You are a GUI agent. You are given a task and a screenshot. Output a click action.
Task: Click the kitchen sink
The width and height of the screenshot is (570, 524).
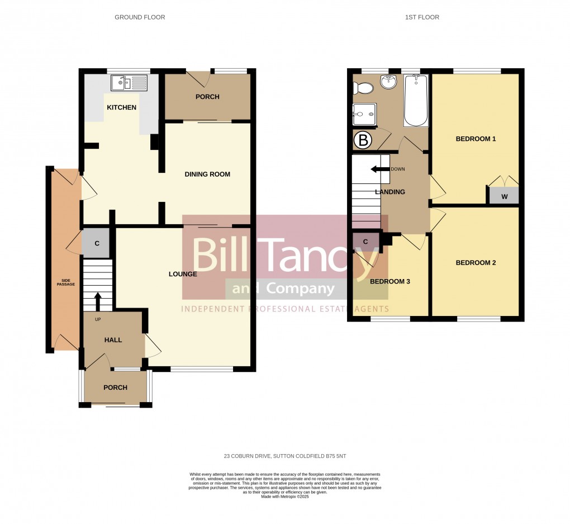tap(129, 83)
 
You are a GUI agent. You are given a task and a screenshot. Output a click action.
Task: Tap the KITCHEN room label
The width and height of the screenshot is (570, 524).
tap(121, 107)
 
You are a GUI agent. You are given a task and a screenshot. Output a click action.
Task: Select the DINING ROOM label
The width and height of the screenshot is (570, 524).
tap(207, 174)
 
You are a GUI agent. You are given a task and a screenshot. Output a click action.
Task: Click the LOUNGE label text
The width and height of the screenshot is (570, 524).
tap(183, 274)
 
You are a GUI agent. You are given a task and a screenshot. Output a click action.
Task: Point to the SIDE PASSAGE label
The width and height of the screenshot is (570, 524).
tap(65, 282)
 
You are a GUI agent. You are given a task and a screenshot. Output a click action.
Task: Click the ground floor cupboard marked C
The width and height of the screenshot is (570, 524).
tap(97, 243)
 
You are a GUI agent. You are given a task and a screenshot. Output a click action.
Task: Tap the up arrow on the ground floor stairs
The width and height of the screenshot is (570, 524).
tap(98, 301)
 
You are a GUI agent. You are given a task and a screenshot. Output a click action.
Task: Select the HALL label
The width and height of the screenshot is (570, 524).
tap(113, 339)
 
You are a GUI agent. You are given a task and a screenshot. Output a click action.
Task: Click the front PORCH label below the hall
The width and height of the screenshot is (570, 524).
tap(115, 388)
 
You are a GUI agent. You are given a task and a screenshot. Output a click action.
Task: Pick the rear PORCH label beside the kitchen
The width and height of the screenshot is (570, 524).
tap(207, 97)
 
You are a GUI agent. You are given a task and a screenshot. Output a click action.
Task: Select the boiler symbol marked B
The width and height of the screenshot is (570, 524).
tap(363, 140)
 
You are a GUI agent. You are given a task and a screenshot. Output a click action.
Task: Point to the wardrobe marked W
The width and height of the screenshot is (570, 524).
tap(504, 196)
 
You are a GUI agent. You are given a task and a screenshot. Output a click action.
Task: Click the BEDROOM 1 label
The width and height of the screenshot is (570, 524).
tap(476, 139)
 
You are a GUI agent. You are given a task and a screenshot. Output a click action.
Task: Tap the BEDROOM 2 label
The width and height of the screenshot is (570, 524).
tap(476, 263)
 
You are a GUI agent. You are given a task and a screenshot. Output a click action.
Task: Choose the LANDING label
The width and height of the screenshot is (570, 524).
tap(390, 192)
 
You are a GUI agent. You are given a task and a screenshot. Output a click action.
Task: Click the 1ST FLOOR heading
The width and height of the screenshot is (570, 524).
tap(422, 17)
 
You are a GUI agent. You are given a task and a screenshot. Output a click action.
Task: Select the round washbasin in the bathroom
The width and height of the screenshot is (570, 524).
tap(388, 82)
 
